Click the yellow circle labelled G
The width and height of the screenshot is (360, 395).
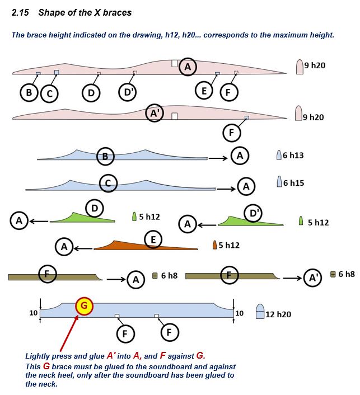click(84, 306)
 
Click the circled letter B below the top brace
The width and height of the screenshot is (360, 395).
click(29, 92)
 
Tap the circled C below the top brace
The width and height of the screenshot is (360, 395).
click(49, 93)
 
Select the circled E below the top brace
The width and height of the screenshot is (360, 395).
click(204, 91)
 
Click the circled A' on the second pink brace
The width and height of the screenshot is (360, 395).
click(155, 113)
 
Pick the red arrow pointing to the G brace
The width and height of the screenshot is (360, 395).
click(69, 332)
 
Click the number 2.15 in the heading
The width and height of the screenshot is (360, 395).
click(20, 13)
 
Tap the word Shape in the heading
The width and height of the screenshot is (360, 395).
click(50, 13)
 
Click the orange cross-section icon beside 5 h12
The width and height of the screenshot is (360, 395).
click(214, 245)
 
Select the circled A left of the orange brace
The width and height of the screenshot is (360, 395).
click(64, 246)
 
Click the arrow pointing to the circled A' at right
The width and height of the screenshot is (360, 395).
click(292, 278)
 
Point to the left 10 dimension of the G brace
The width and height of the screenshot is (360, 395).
click(34, 313)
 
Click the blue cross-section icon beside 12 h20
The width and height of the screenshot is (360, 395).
click(260, 312)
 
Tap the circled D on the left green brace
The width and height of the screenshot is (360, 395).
click(95, 209)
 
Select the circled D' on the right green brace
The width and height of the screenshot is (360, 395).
click(253, 213)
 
